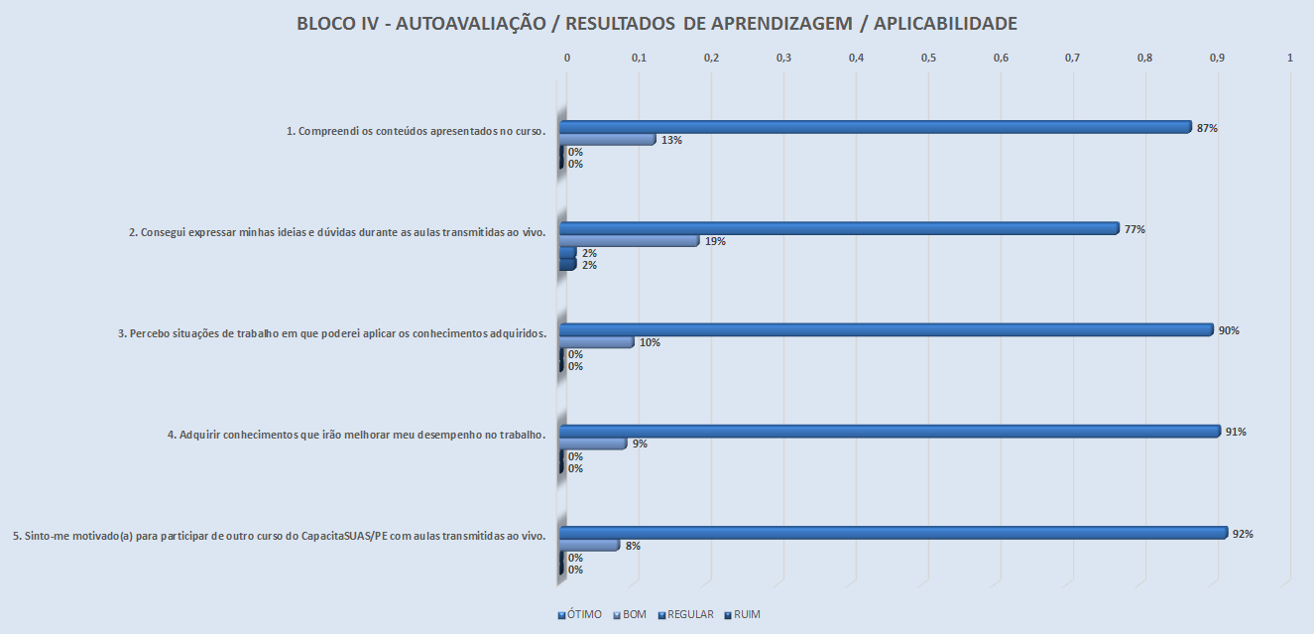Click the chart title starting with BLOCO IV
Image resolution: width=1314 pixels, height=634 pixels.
pos(657,24)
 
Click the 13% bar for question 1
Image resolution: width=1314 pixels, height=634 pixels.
pos(607,140)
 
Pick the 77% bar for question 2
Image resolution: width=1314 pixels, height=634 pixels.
pos(838,228)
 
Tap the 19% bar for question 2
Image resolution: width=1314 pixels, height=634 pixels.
pos(629,241)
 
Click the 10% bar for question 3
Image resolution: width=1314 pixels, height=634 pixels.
pos(596,342)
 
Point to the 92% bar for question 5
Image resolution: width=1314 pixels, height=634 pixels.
pos(893,533)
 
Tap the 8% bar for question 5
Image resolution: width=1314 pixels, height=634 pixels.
pos(589,546)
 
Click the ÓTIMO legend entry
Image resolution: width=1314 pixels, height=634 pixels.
pos(579,615)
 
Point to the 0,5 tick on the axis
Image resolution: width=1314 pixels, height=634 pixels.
pos(928,59)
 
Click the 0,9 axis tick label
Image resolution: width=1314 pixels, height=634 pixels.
pos(1217,59)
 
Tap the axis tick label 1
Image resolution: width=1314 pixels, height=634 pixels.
pos(1289,59)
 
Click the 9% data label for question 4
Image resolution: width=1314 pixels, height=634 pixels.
pos(640,444)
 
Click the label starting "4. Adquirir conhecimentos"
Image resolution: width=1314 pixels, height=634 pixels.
pos(357,434)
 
